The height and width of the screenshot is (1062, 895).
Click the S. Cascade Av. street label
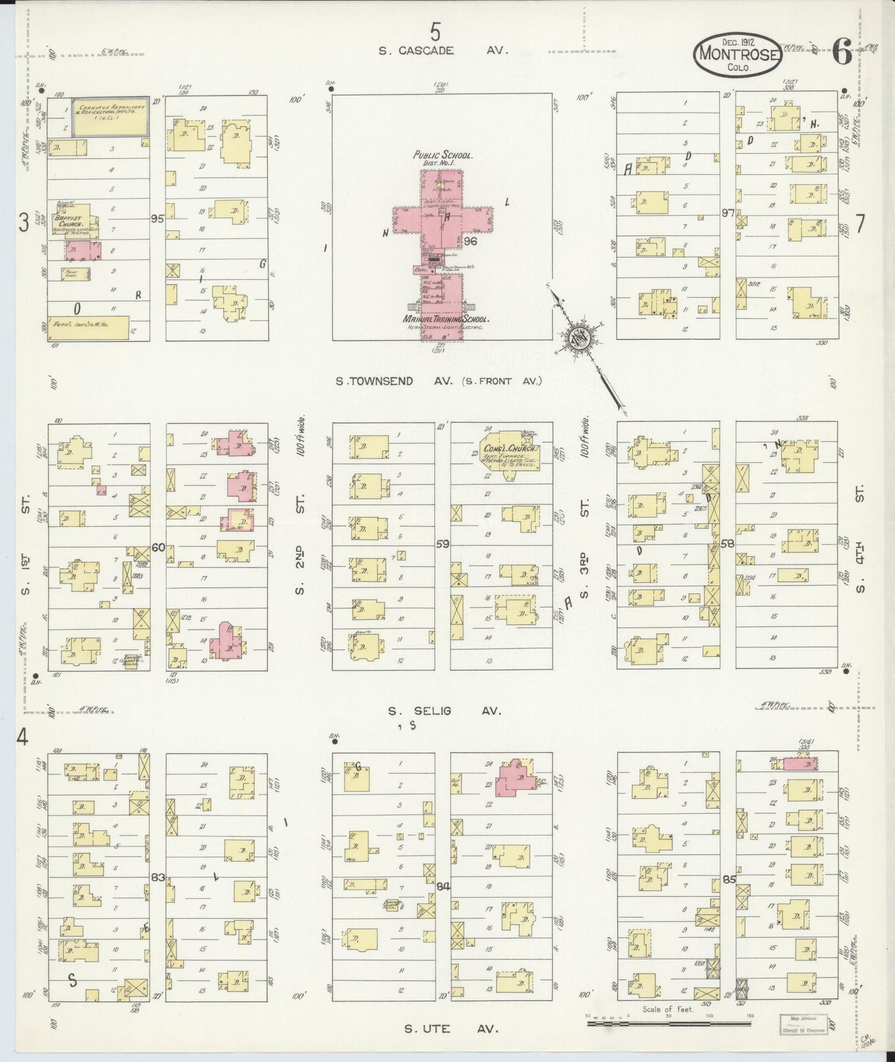[x=443, y=51]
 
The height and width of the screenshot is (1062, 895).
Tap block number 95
[x=157, y=218]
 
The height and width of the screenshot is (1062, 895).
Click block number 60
[x=158, y=547]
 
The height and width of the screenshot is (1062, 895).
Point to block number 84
[x=442, y=886]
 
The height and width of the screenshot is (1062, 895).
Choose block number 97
[x=727, y=213]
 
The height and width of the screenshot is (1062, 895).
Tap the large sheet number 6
[x=842, y=53]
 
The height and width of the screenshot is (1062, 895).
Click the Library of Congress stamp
[x=801, y=1023]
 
